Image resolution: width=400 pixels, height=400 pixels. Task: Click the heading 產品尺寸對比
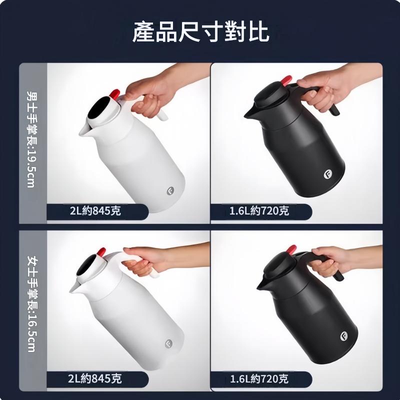pyautogui.click(x=200, y=31)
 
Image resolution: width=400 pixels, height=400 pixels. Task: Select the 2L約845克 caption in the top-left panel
pyautogui.click(x=95, y=211)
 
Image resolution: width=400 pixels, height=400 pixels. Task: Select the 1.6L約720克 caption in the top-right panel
pyautogui.click(x=259, y=211)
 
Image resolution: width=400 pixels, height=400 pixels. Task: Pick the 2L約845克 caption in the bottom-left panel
pyautogui.click(x=94, y=378)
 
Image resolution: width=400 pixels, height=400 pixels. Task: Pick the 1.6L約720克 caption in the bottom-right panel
pyautogui.click(x=259, y=379)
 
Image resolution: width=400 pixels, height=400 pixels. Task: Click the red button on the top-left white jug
pyautogui.click(x=115, y=94)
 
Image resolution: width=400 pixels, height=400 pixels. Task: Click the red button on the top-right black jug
pyautogui.click(x=286, y=80)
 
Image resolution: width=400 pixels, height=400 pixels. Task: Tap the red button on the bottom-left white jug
pyautogui.click(x=101, y=252)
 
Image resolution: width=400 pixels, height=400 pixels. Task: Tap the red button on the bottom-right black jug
pyautogui.click(x=291, y=249)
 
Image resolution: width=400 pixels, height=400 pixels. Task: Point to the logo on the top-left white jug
pyautogui.click(x=170, y=191)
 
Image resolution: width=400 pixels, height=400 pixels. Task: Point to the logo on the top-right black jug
pyautogui.click(x=327, y=174)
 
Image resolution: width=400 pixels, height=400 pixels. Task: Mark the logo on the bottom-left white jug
pyautogui.click(x=168, y=343)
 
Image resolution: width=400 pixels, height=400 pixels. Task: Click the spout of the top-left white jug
pyautogui.click(x=84, y=130)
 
